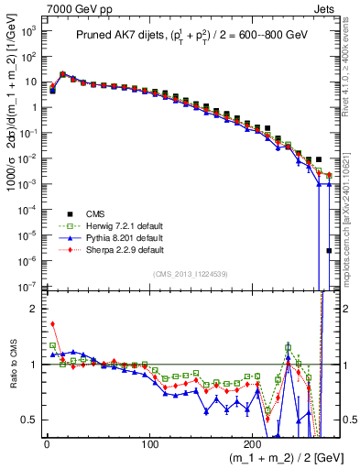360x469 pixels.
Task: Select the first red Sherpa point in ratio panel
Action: click(52, 323)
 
